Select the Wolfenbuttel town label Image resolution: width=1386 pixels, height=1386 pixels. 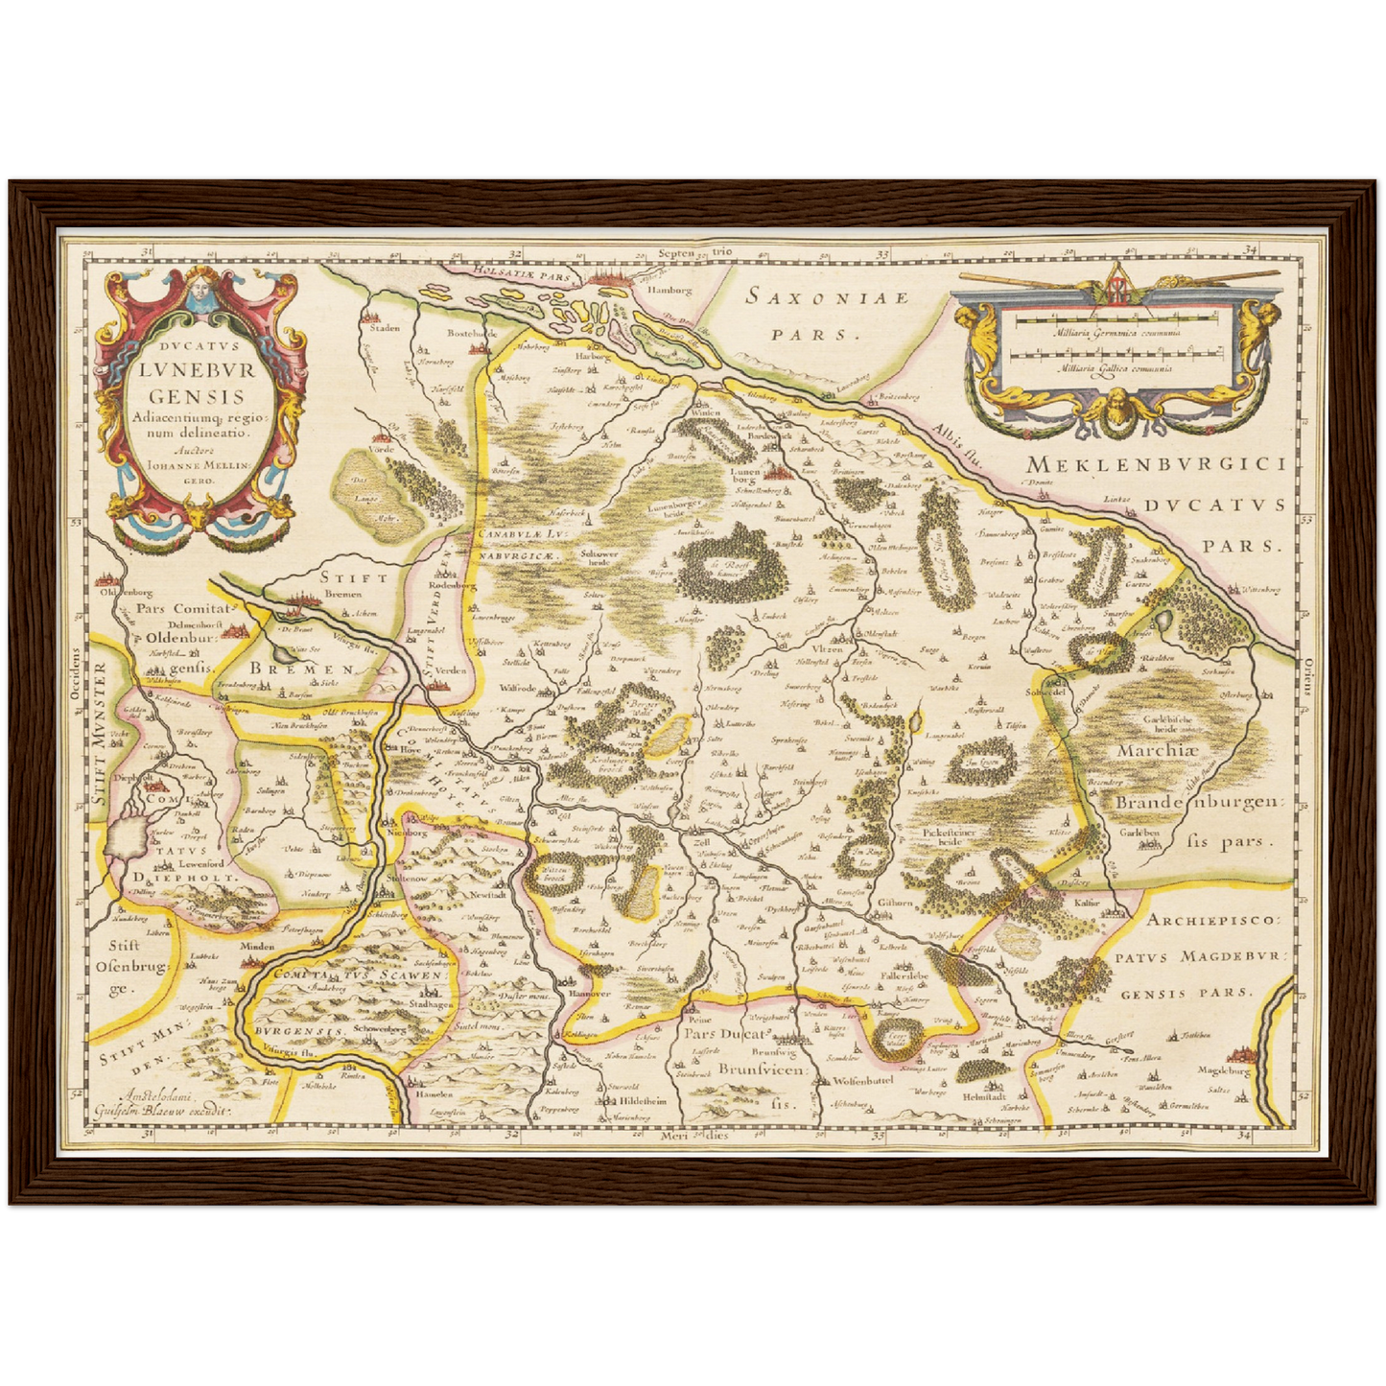tap(857, 1081)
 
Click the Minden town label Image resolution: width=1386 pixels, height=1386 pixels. tap(257, 946)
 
